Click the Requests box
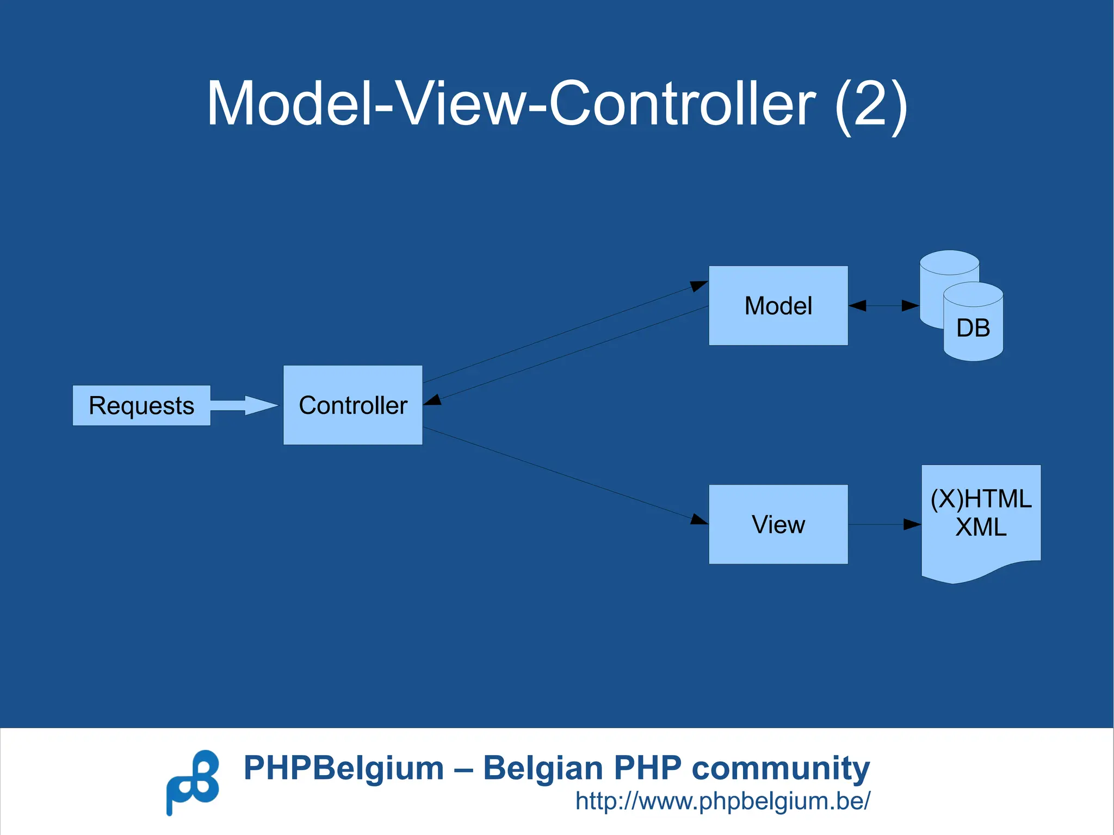[141, 405]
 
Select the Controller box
[352, 405]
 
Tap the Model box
[778, 306]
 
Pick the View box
[778, 524]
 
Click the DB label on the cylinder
[973, 328]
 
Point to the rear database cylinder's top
[949, 262]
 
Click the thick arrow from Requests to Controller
[245, 405]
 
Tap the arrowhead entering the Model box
[699, 285]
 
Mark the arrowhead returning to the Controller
[432, 400]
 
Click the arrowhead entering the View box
[699, 519]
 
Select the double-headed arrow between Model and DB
[883, 306]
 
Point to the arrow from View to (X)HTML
[884, 524]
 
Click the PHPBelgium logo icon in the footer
[193, 782]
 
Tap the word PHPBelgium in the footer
[344, 768]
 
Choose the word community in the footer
[781, 768]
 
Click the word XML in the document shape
[981, 527]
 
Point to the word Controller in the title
[682, 103]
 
